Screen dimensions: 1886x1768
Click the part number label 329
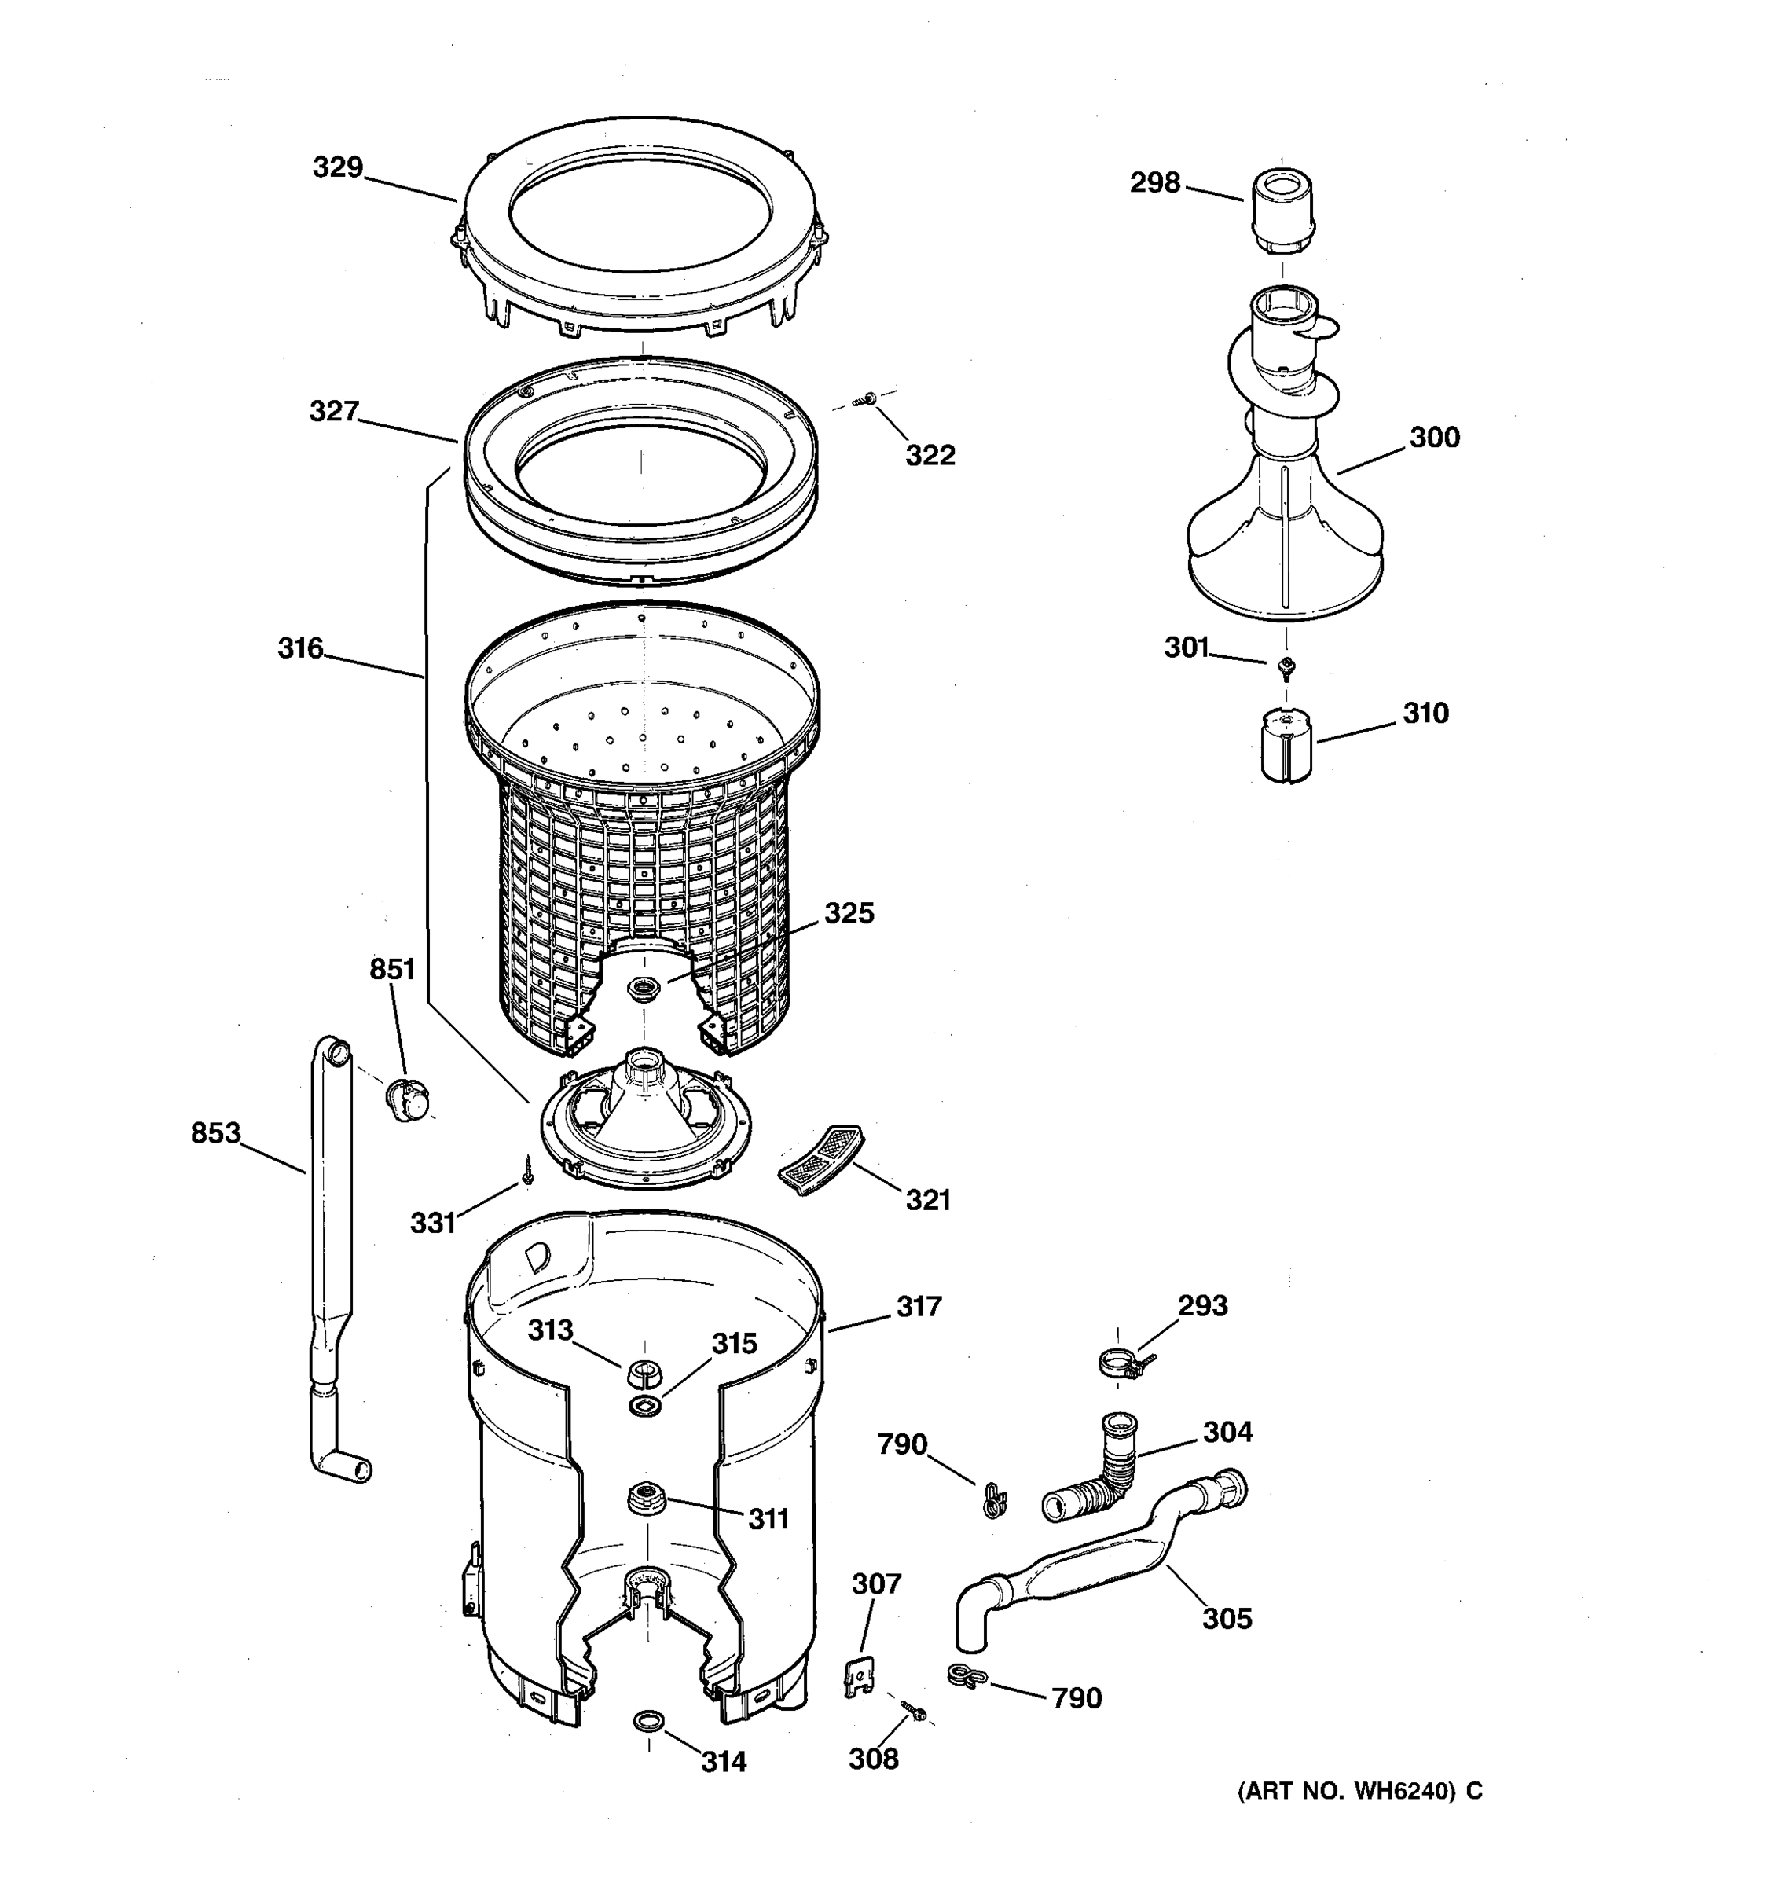pos(338,168)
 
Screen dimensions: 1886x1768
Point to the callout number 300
pos(1433,438)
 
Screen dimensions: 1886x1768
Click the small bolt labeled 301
pos(1286,668)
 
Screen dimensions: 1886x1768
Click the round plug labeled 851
pos(408,1099)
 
